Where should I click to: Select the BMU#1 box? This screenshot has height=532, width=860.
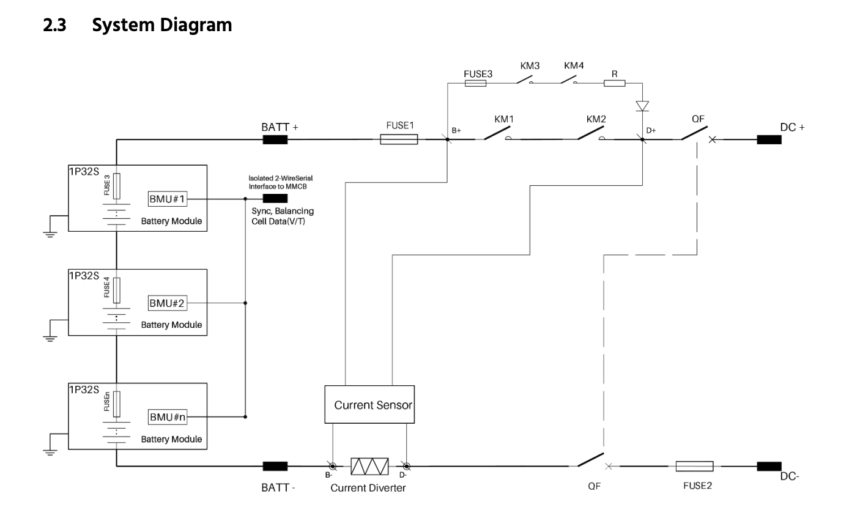(x=168, y=199)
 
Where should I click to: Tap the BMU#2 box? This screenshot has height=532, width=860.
(x=168, y=303)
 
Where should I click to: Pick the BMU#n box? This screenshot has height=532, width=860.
(x=168, y=417)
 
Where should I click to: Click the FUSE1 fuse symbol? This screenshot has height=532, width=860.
(x=399, y=139)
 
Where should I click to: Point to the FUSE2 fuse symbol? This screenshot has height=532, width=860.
(x=694, y=466)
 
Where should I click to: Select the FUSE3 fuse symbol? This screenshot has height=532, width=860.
(x=475, y=83)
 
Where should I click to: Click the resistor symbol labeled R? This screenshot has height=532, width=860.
(x=614, y=83)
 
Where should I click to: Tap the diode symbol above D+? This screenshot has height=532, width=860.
(x=642, y=106)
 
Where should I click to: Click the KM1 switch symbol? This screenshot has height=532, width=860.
(x=497, y=134)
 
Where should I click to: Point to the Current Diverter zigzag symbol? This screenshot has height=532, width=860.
(x=369, y=466)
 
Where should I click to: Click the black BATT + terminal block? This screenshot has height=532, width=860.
(x=275, y=139)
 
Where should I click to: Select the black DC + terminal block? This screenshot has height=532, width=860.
(x=769, y=139)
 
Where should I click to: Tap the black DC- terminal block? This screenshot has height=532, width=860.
(x=769, y=466)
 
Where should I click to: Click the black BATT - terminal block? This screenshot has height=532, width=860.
(x=275, y=466)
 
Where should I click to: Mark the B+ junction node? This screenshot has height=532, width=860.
(x=447, y=139)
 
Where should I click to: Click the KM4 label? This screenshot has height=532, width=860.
(x=574, y=65)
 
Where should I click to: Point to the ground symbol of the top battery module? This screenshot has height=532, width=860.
(x=50, y=235)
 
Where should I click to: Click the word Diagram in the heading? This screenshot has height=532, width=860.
(x=196, y=25)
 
